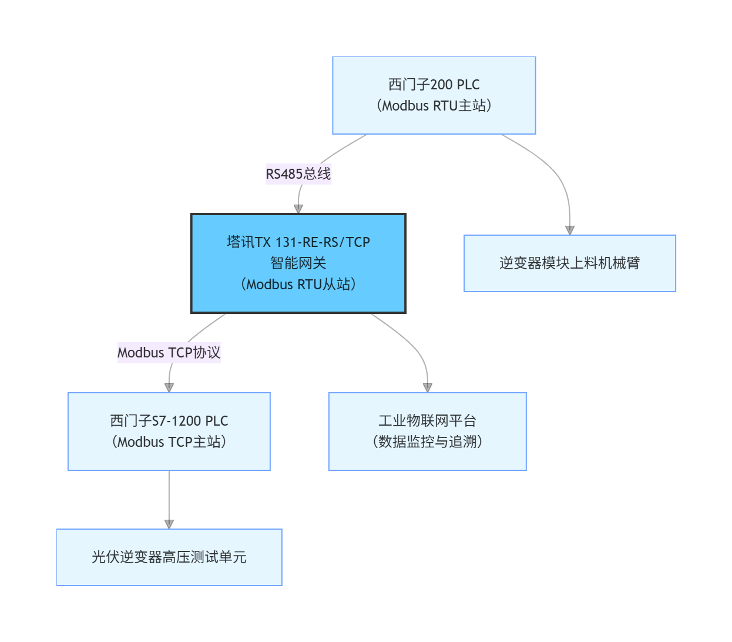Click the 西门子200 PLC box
click(434, 95)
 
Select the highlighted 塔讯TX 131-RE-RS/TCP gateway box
click(298, 263)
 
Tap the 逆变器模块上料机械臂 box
click(569, 263)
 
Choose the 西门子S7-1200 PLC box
click(169, 431)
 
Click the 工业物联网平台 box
click(427, 431)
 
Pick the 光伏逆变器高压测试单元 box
click(169, 557)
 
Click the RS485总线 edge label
click(298, 174)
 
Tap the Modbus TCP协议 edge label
click(169, 353)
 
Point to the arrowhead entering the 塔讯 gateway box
click(298, 209)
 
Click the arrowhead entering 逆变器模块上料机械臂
click(569, 230)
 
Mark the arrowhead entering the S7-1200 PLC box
click(169, 387)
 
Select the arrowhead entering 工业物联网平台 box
click(427, 387)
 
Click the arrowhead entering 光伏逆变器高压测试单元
click(169, 524)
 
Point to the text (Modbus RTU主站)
click(434, 106)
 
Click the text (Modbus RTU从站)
click(298, 285)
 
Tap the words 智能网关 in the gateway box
click(298, 263)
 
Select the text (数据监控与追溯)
click(427, 442)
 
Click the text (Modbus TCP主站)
click(169, 442)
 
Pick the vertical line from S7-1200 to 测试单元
click(169, 494)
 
